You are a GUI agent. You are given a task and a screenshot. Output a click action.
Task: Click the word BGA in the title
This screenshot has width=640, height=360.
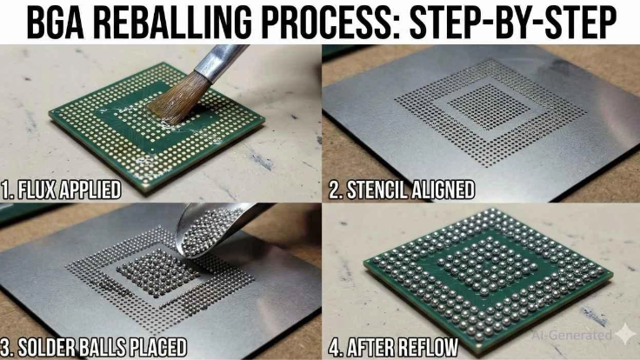click(56, 22)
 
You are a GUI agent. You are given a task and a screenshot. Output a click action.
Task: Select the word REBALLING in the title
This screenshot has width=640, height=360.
click(177, 22)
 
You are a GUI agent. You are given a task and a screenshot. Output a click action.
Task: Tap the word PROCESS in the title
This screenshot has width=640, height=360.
click(330, 22)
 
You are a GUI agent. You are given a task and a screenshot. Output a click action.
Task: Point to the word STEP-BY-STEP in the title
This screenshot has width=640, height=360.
click(513, 22)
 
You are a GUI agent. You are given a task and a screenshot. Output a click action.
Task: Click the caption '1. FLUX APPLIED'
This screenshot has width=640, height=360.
click(61, 190)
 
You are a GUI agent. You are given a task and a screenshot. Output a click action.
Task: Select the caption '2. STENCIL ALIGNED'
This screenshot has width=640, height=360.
click(402, 190)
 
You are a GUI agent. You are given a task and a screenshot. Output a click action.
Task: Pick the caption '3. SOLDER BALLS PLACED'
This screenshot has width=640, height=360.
click(94, 347)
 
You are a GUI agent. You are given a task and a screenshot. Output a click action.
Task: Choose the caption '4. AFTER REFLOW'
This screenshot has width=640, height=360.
click(393, 347)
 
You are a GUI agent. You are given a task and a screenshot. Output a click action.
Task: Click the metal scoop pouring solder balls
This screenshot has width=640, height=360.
click(217, 229)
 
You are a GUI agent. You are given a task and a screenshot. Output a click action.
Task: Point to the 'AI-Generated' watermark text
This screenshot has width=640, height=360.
click(571, 335)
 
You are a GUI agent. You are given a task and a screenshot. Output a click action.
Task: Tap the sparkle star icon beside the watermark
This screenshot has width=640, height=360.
click(625, 335)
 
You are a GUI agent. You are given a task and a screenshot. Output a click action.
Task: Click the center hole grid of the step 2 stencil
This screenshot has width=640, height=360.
click(490, 107)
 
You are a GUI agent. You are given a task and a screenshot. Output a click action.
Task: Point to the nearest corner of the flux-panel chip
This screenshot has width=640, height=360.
click(146, 190)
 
